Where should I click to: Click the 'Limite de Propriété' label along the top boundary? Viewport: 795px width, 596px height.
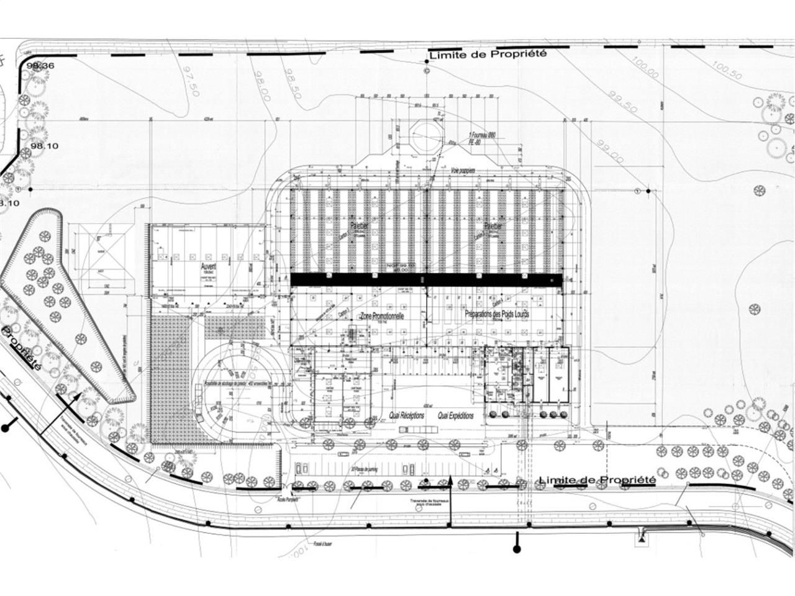point(488,54)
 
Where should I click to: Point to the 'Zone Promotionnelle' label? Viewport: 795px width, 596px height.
point(383,316)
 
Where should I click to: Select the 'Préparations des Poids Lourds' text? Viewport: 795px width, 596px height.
point(497,314)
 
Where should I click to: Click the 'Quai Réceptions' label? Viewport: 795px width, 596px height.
point(406,415)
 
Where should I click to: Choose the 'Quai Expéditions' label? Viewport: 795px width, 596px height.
point(455,415)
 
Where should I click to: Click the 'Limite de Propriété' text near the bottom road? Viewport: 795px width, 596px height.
point(597,480)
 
